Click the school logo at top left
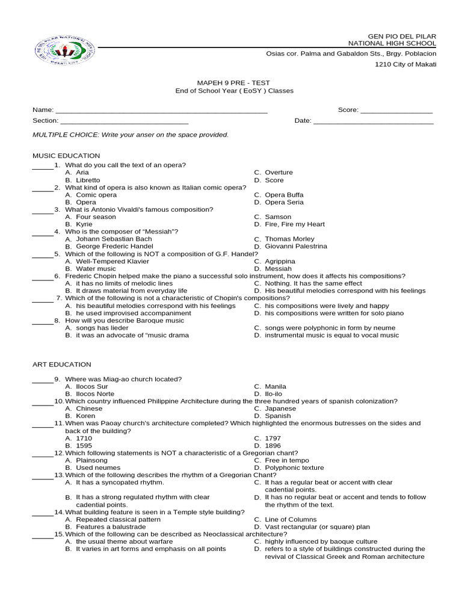(65, 52)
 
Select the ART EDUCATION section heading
(61, 365)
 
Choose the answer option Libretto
(88, 180)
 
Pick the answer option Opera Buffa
(284, 195)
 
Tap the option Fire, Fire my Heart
(294, 224)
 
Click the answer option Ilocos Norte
(94, 394)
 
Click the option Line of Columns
(291, 519)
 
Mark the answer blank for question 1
(43, 167)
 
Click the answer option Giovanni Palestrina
(296, 247)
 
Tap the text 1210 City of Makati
(405, 64)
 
